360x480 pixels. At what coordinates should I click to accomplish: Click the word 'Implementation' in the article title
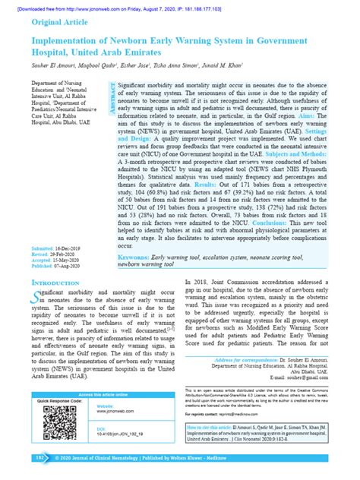73,39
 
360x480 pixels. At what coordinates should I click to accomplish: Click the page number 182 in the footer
39,459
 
